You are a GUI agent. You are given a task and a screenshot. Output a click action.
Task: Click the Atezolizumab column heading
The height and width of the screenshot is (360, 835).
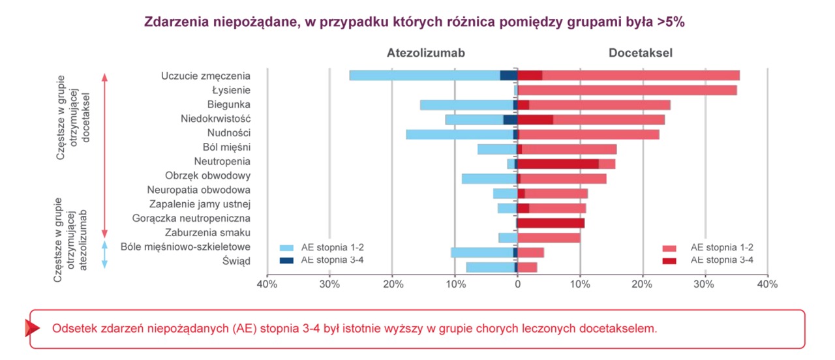pos(425,53)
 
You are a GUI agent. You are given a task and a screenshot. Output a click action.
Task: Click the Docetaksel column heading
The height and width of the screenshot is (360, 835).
pos(641,53)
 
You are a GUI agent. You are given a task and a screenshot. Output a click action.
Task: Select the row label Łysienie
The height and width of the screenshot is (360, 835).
pos(231,90)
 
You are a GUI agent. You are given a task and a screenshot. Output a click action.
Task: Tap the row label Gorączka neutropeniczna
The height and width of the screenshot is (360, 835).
pos(190,218)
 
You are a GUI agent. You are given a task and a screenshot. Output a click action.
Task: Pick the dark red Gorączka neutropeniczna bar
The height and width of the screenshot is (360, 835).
pos(551,223)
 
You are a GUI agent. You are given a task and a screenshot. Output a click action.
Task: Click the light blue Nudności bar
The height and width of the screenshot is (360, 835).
pos(459,134)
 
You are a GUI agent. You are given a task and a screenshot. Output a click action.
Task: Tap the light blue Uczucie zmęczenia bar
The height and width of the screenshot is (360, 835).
pos(424,75)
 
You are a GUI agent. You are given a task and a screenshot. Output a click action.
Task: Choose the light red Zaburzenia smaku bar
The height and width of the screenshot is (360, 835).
pos(549,237)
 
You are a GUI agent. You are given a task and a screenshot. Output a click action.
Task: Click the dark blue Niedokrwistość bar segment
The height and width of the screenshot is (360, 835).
pos(509,119)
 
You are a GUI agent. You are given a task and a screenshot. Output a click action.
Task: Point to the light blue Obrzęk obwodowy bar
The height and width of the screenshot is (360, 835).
pos(488,178)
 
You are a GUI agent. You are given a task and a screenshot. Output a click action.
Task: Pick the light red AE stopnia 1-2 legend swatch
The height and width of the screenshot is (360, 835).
pos(670,248)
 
